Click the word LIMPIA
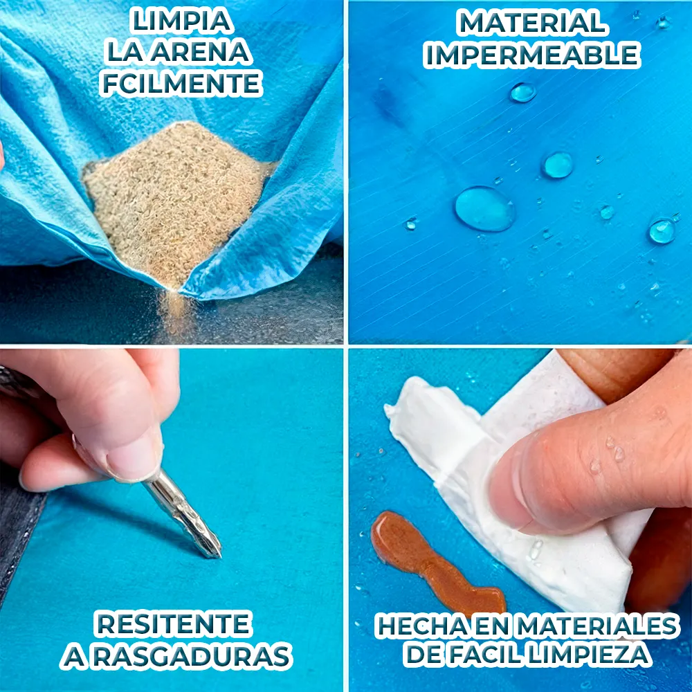pos(181,21)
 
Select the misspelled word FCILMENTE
pos(181,83)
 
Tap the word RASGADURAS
pos(192,656)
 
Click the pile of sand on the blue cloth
pos(174,199)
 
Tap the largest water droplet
pos(484,208)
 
